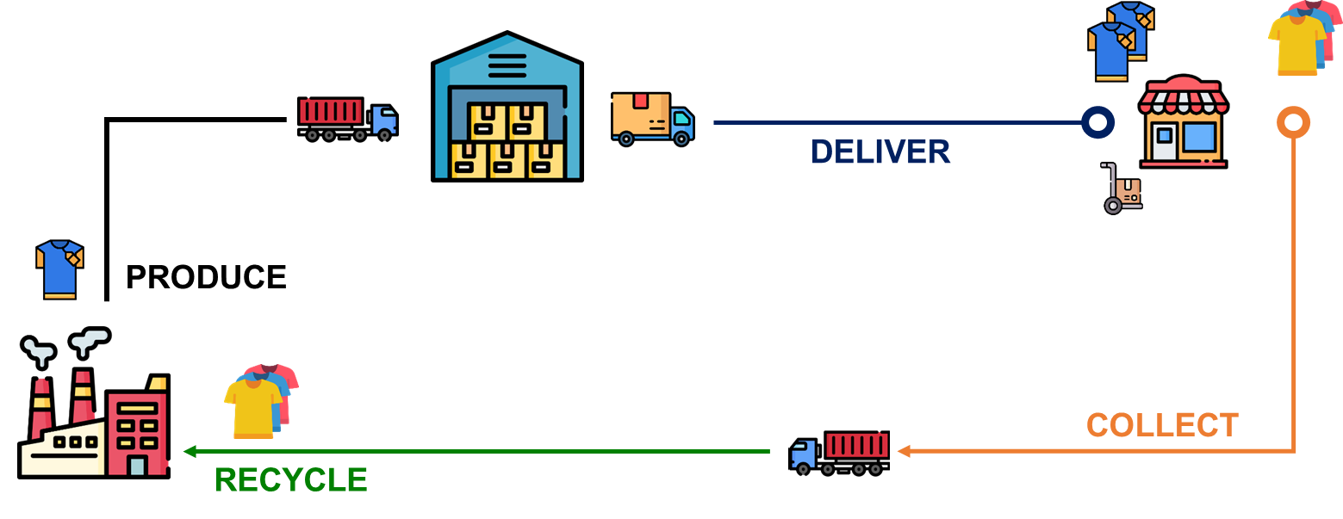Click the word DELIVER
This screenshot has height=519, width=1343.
(x=880, y=152)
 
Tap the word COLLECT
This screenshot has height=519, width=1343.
(x=1161, y=425)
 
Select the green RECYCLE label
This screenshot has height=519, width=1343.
(x=290, y=480)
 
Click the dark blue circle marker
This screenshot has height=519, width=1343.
(x=1097, y=123)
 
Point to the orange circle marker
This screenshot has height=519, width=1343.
(x=1293, y=123)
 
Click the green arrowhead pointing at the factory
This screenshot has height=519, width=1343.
(x=189, y=451)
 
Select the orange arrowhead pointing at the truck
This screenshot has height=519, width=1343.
(x=903, y=451)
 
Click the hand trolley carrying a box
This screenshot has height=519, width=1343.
(x=1121, y=190)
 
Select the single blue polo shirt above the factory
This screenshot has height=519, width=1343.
(x=59, y=269)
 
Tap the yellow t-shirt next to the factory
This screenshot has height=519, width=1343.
(x=252, y=406)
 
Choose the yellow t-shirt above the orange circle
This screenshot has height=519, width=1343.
(x=1296, y=43)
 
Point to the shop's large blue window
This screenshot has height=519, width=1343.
(x=1200, y=136)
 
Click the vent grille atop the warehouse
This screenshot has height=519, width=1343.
(x=507, y=65)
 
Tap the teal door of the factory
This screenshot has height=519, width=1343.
(x=137, y=466)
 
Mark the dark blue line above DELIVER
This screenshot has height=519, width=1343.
(x=896, y=123)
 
